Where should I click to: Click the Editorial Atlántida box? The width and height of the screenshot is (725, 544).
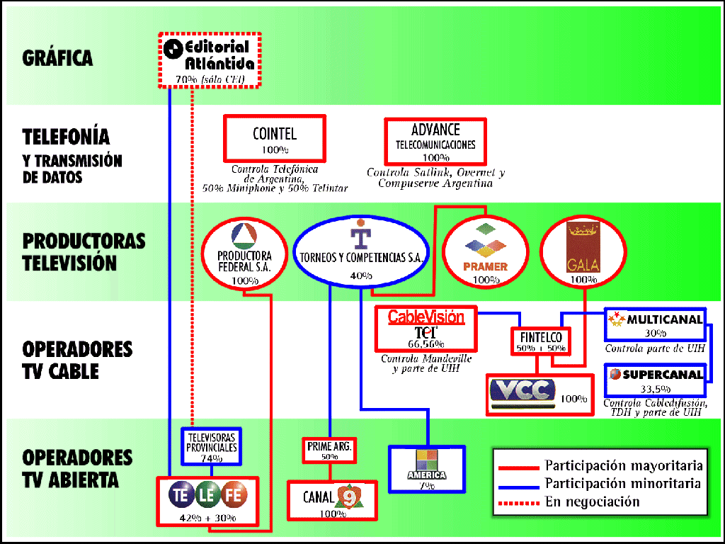(209, 59)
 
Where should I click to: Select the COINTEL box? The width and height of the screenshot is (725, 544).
(275, 139)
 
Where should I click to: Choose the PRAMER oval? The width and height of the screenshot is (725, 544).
(485, 252)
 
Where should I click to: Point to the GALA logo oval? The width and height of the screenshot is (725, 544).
(583, 252)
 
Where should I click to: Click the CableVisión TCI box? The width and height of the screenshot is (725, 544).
(426, 329)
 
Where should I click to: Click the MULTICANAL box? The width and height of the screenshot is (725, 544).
(656, 324)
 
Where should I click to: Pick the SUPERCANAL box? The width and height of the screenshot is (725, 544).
(656, 380)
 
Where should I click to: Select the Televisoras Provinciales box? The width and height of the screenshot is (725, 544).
(212, 446)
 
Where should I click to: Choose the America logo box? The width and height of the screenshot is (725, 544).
(426, 468)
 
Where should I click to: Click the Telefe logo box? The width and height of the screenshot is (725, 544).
(207, 499)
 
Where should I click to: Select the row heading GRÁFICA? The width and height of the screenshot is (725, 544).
(57, 57)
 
